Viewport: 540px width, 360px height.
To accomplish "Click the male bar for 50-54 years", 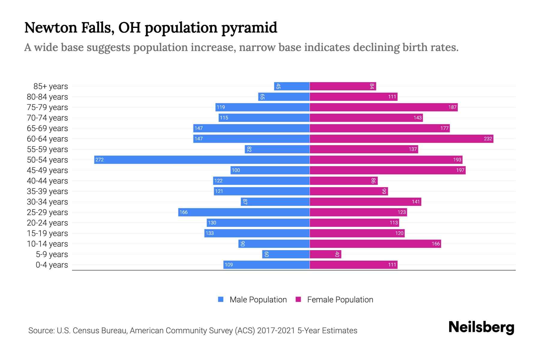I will tap(202, 160).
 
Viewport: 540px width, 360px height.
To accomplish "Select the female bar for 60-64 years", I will tap(401, 139).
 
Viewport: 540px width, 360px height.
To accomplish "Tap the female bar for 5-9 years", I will tap(325, 254).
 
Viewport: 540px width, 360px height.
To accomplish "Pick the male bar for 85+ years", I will tap(292, 86).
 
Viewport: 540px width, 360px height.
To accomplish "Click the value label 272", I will tap(100, 160).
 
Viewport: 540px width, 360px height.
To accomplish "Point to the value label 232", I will tap(488, 139).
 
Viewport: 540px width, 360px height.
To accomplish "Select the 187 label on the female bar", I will tap(452, 107).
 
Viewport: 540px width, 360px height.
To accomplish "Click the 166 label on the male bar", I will tap(183, 212).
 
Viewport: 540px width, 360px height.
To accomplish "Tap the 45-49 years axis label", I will tap(47, 170).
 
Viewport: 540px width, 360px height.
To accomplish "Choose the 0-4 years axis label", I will tap(52, 265).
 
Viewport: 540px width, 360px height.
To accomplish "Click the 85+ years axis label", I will tap(51, 86).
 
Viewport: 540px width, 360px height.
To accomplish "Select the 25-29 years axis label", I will tap(47, 212).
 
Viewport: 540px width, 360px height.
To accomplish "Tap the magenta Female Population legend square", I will tap(298, 299).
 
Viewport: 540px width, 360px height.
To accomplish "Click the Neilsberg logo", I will tap(481, 327).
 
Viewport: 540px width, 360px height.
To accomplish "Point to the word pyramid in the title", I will tap(249, 28).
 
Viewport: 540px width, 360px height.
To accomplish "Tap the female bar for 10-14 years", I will tap(375, 244).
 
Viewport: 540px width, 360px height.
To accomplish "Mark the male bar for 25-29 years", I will tap(244, 212).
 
